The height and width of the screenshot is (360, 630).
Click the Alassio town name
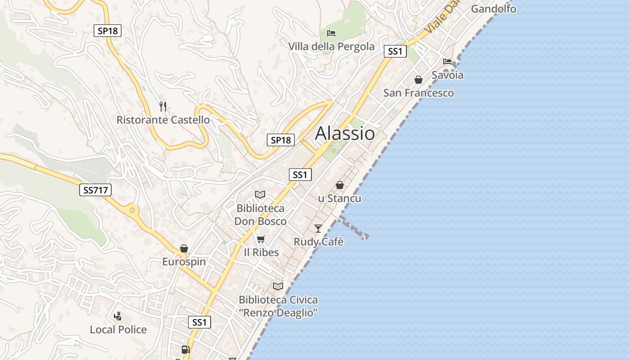click(345, 133)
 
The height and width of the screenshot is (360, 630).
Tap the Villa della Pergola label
click(331, 46)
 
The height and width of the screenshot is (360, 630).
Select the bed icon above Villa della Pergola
click(331, 33)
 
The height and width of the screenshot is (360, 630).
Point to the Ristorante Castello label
click(163, 120)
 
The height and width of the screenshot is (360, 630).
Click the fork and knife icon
click(163, 107)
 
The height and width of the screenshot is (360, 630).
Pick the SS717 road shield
click(95, 190)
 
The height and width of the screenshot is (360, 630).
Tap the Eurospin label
click(184, 262)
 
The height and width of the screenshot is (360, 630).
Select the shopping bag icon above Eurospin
click(184, 248)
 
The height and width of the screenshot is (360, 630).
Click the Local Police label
click(118, 329)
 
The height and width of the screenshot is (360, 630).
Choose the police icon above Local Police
click(118, 316)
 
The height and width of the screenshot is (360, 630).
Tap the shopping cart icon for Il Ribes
click(261, 239)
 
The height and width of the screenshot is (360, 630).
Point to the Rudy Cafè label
click(319, 242)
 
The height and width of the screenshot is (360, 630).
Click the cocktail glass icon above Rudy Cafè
click(318, 228)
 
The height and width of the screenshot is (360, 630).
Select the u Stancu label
click(340, 198)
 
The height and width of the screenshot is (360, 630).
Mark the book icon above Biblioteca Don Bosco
click(260, 194)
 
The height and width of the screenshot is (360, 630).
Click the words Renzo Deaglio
click(279, 312)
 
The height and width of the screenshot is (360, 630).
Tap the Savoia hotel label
click(447, 75)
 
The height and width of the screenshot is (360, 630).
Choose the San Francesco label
click(418, 93)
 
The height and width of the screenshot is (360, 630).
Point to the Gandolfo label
click(494, 9)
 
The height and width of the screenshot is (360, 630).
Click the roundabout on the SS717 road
click(132, 210)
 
